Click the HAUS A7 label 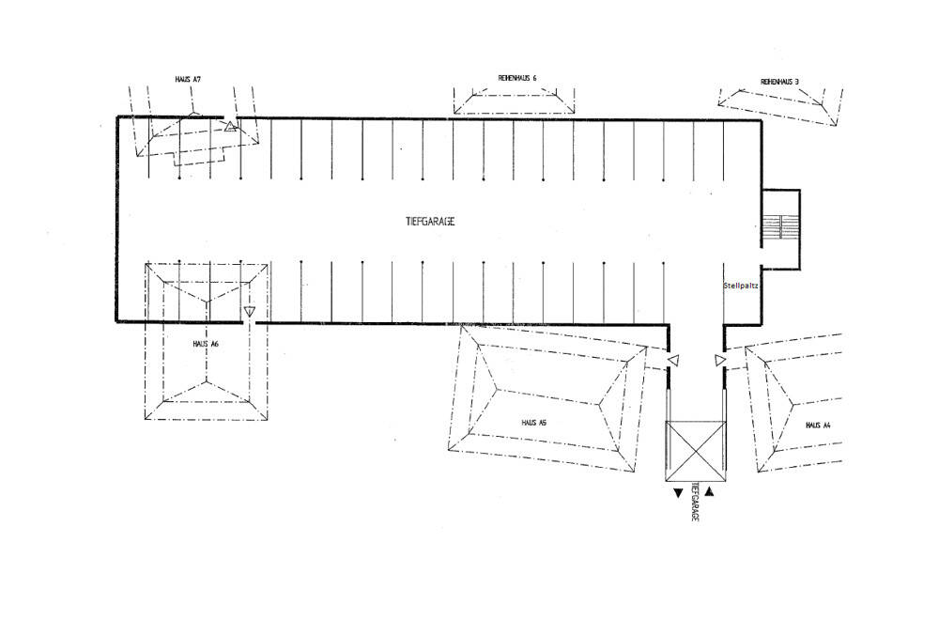(x=189, y=80)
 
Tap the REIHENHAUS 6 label (x=517, y=78)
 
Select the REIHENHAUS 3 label (x=780, y=83)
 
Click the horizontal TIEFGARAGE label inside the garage (x=431, y=221)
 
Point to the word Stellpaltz (x=741, y=285)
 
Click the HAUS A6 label (x=206, y=345)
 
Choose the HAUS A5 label (x=534, y=423)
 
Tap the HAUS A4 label (x=819, y=426)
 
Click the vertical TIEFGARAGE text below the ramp (x=694, y=503)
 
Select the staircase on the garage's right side (x=779, y=226)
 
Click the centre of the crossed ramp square (x=696, y=452)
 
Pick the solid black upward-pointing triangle (x=710, y=491)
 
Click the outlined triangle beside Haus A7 (x=230, y=126)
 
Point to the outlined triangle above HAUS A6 (x=249, y=311)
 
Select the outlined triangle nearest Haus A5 (x=672, y=360)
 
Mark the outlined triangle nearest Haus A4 (x=719, y=360)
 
